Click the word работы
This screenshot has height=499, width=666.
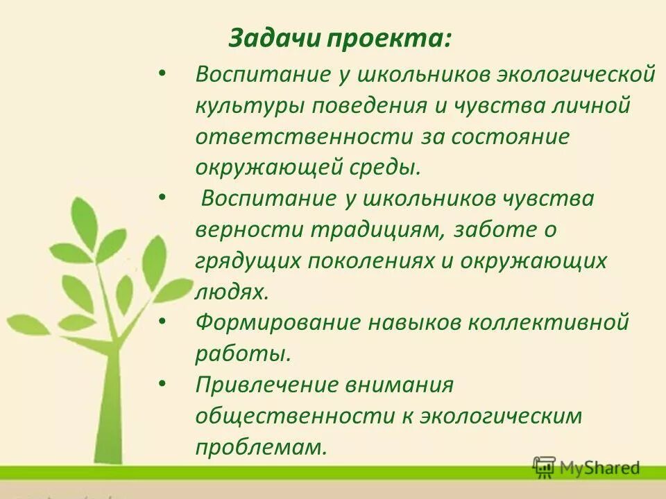tap(242, 353)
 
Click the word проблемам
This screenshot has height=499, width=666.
tap(260, 447)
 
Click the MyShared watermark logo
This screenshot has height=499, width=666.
tap(586, 469)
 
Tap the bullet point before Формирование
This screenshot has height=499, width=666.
tap(162, 322)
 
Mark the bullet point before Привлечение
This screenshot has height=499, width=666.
tap(162, 383)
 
